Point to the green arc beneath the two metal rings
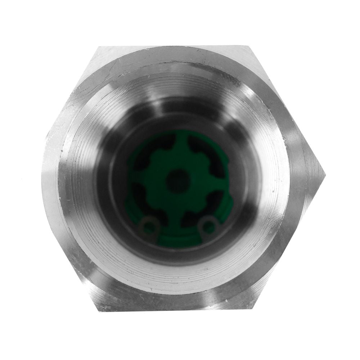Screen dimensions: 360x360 pyautogui.click(x=178, y=239)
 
